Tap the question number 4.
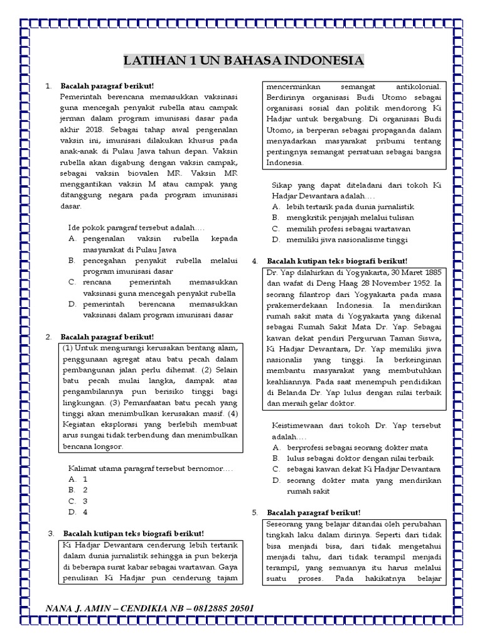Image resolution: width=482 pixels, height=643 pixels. tap(255, 261)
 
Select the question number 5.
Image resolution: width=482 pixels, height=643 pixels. tap(255, 512)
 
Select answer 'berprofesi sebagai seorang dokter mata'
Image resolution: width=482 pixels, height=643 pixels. tap(357, 448)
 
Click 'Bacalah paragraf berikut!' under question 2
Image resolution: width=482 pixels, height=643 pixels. tap(107, 337)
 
